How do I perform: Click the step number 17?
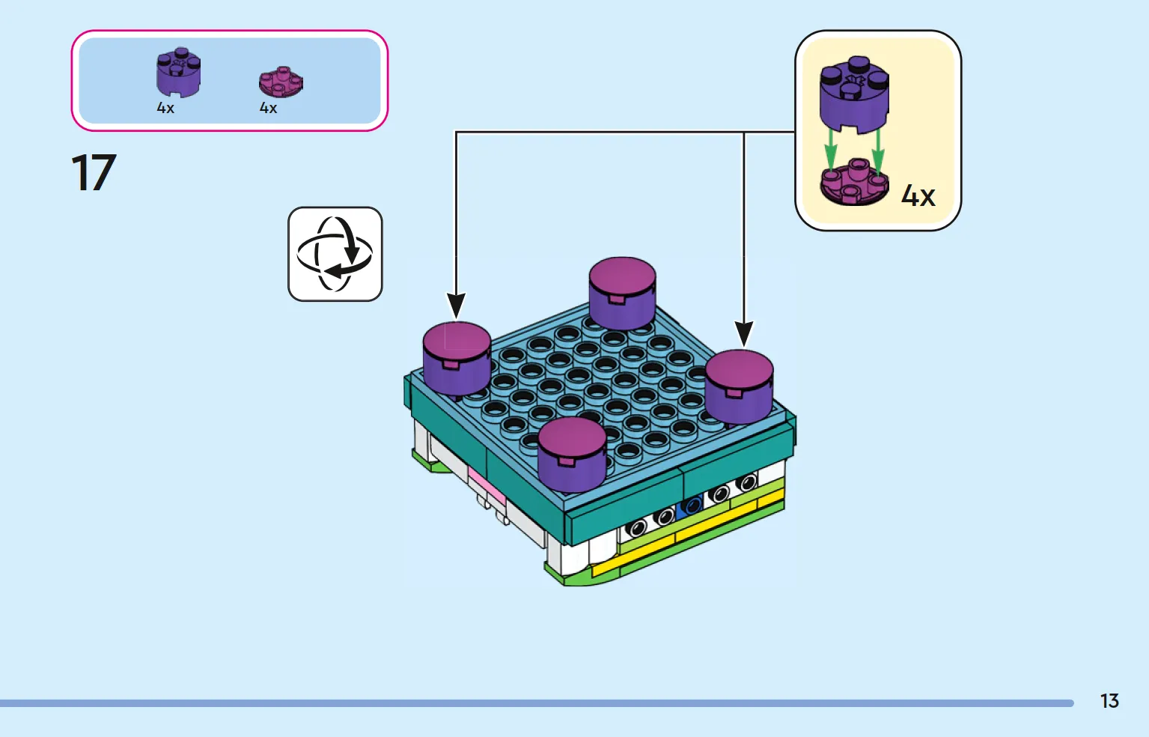(94, 172)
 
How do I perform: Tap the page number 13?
(1109, 701)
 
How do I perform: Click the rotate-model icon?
(335, 254)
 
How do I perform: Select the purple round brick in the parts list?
(178, 73)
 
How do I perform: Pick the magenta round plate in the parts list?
(281, 82)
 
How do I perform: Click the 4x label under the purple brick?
(165, 108)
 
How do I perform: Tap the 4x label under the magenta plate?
(268, 108)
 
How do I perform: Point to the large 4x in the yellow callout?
(918, 196)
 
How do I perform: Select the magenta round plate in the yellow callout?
(855, 182)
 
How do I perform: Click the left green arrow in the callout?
(830, 151)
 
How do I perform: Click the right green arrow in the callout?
(878, 151)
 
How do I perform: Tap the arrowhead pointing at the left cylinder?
(456, 306)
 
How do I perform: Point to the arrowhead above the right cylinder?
(744, 333)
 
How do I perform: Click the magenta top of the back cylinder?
(622, 276)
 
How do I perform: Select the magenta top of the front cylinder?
(572, 436)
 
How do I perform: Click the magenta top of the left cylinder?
(457, 340)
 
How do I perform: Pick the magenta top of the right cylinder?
(739, 369)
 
